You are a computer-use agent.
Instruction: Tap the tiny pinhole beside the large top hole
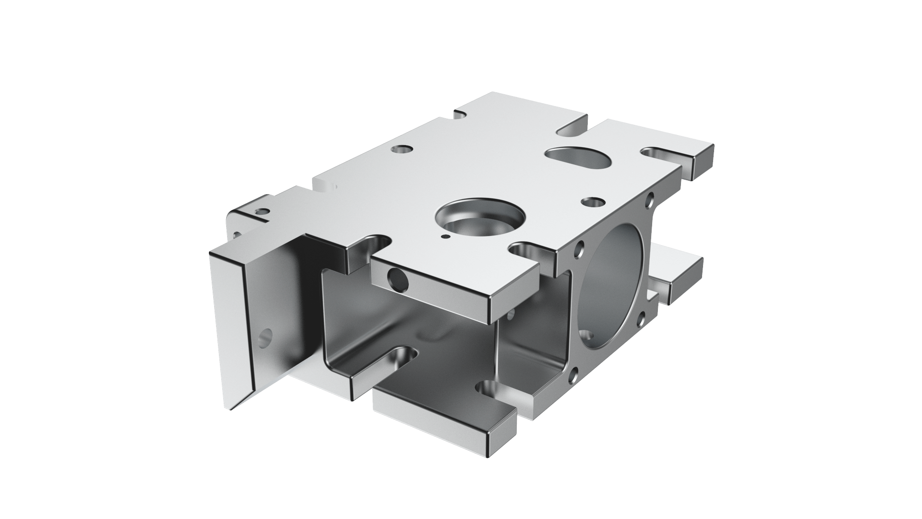(445, 237)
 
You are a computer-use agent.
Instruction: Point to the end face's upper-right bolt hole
(650, 197)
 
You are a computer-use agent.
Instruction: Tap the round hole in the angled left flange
(265, 337)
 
